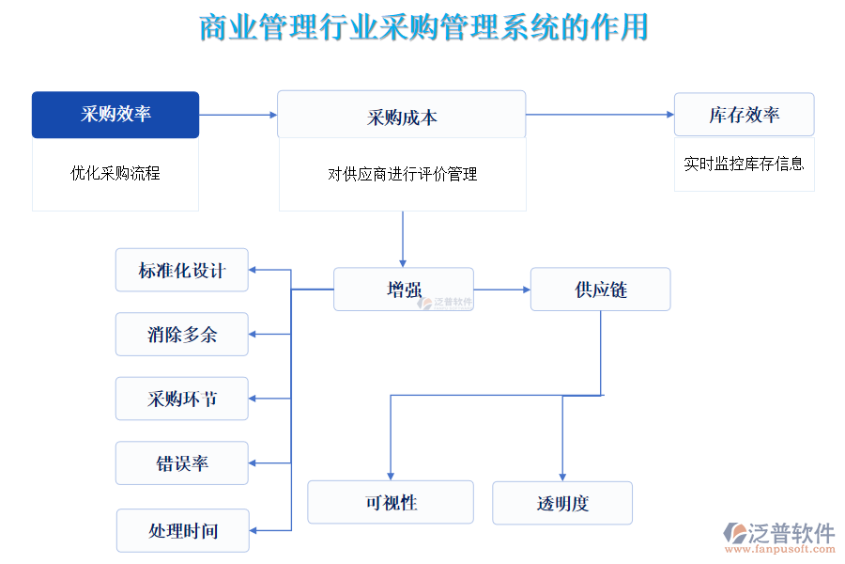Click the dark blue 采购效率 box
click(x=115, y=115)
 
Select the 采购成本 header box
click(x=401, y=115)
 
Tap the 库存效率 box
click(x=744, y=115)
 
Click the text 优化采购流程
click(x=115, y=173)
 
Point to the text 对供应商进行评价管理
click(x=402, y=174)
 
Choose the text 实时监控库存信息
click(x=744, y=164)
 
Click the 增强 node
click(x=404, y=290)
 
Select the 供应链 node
click(x=600, y=290)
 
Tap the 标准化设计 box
click(x=182, y=271)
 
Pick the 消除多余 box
click(x=182, y=335)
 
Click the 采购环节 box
click(x=182, y=399)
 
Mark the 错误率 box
click(x=182, y=463)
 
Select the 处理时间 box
click(x=182, y=530)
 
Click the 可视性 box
click(x=391, y=502)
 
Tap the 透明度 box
click(x=562, y=503)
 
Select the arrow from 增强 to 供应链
click(x=501, y=290)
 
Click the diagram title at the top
click(x=423, y=27)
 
